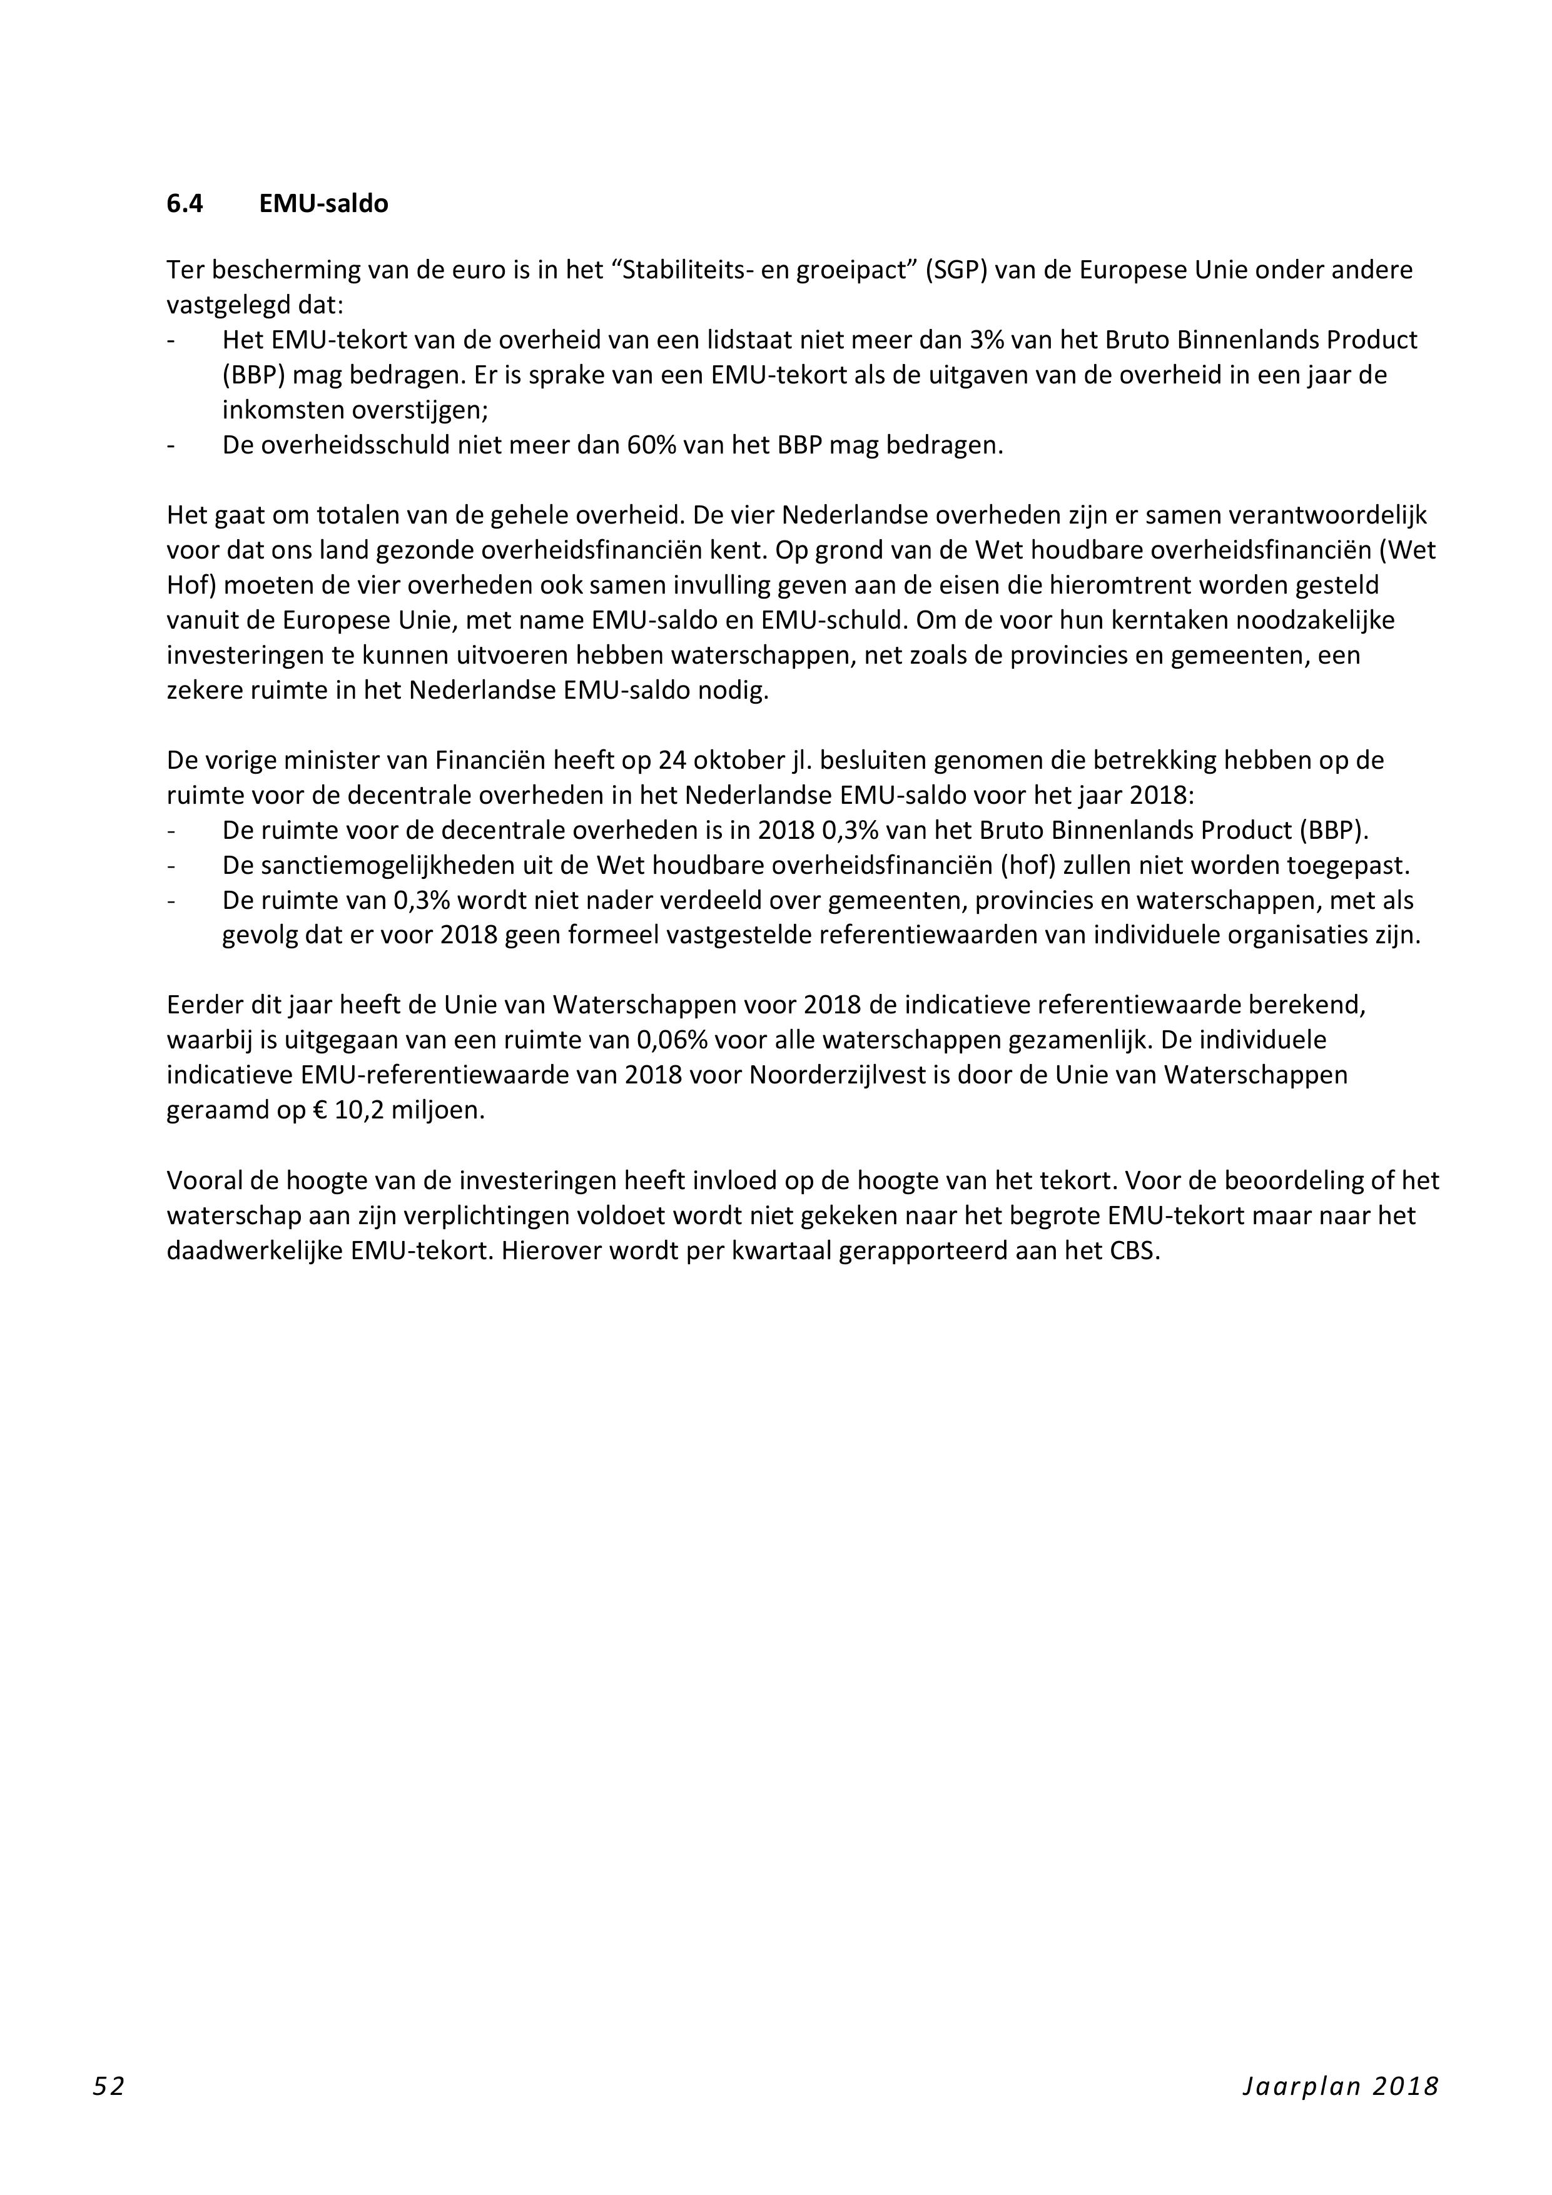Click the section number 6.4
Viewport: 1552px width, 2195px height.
pos(185,204)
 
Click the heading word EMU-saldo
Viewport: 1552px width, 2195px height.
pos(323,204)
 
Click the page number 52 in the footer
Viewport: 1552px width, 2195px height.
pos(108,2087)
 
